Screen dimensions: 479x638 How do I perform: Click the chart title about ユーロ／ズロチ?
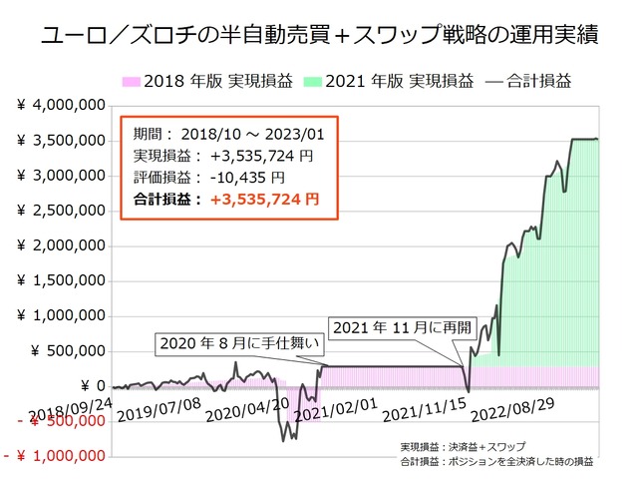pos(319,37)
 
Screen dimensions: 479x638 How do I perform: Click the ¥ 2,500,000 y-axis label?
pos(61,211)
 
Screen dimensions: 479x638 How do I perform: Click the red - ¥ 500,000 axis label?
pos(55,421)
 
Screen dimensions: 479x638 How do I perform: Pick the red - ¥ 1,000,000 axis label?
pos(55,456)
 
